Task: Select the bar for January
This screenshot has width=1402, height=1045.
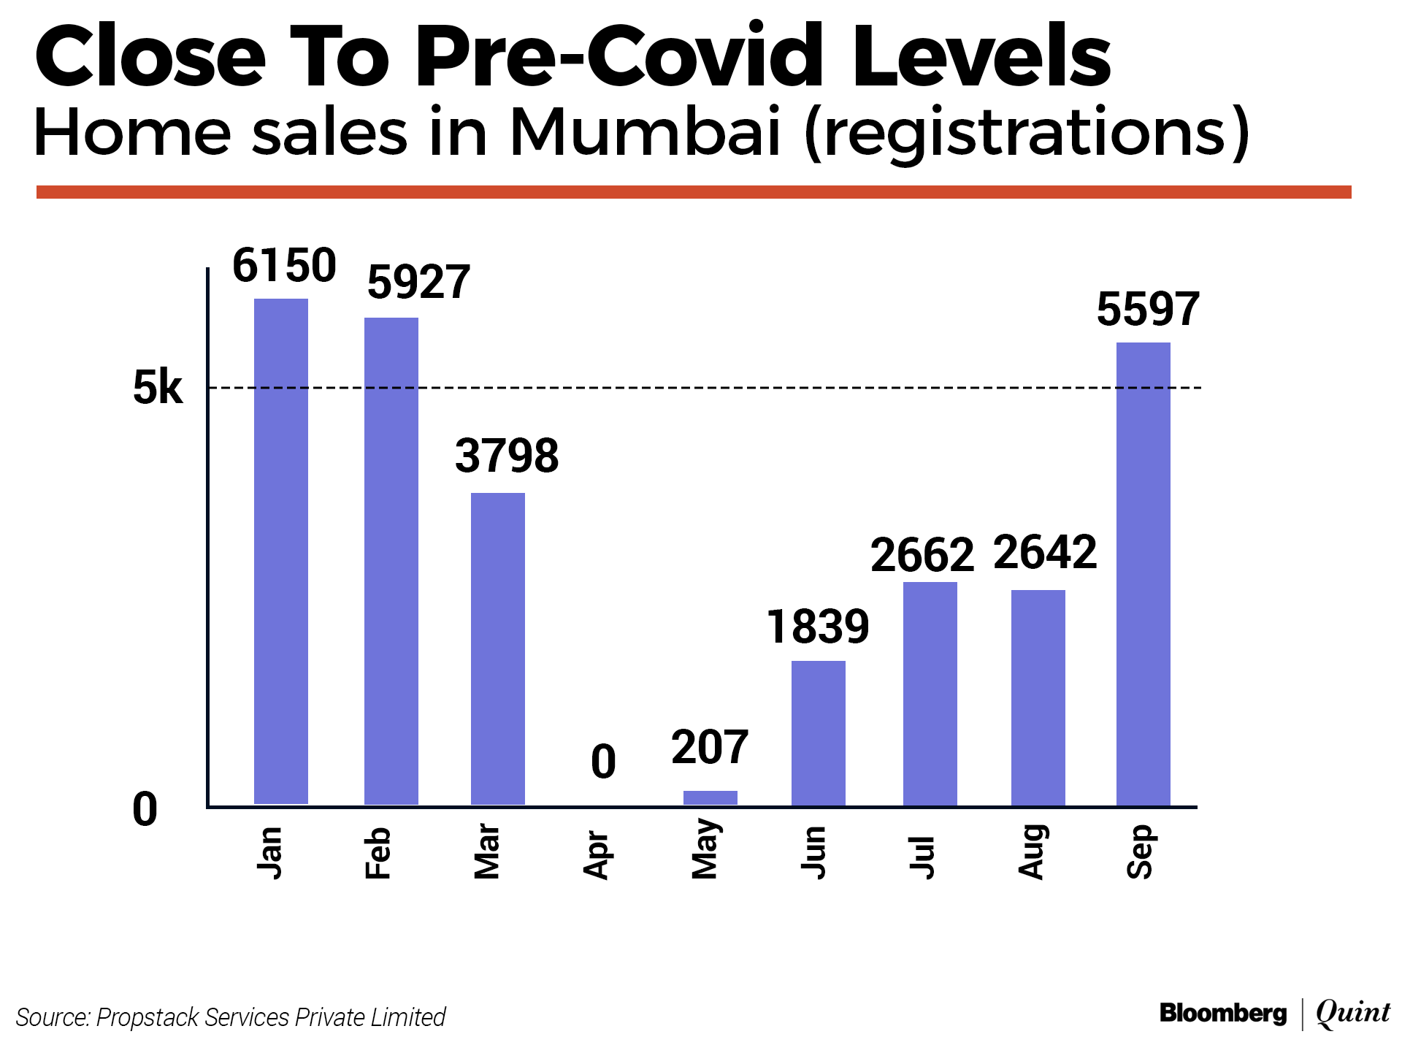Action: [x=281, y=551]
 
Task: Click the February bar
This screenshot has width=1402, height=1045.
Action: [x=391, y=561]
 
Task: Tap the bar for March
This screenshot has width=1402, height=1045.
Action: [x=498, y=648]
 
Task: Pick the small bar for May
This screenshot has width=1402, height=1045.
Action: [x=710, y=797]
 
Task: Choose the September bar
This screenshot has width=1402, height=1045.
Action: [x=1144, y=574]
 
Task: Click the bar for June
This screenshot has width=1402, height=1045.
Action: [x=819, y=733]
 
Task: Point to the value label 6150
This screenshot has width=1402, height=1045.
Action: [x=284, y=265]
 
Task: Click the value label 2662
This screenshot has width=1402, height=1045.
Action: [x=922, y=555]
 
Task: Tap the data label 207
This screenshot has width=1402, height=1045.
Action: [x=710, y=748]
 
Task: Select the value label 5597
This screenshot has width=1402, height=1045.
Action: [x=1148, y=309]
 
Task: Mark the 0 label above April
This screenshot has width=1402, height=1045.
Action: [x=603, y=762]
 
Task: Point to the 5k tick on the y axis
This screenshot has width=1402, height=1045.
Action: [x=158, y=388]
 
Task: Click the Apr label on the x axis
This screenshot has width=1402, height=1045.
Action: [x=597, y=855]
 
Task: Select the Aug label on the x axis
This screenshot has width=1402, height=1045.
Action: [x=1032, y=852]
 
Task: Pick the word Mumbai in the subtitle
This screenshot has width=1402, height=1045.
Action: [x=646, y=133]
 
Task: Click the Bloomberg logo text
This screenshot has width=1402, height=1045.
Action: [x=1223, y=1014]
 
